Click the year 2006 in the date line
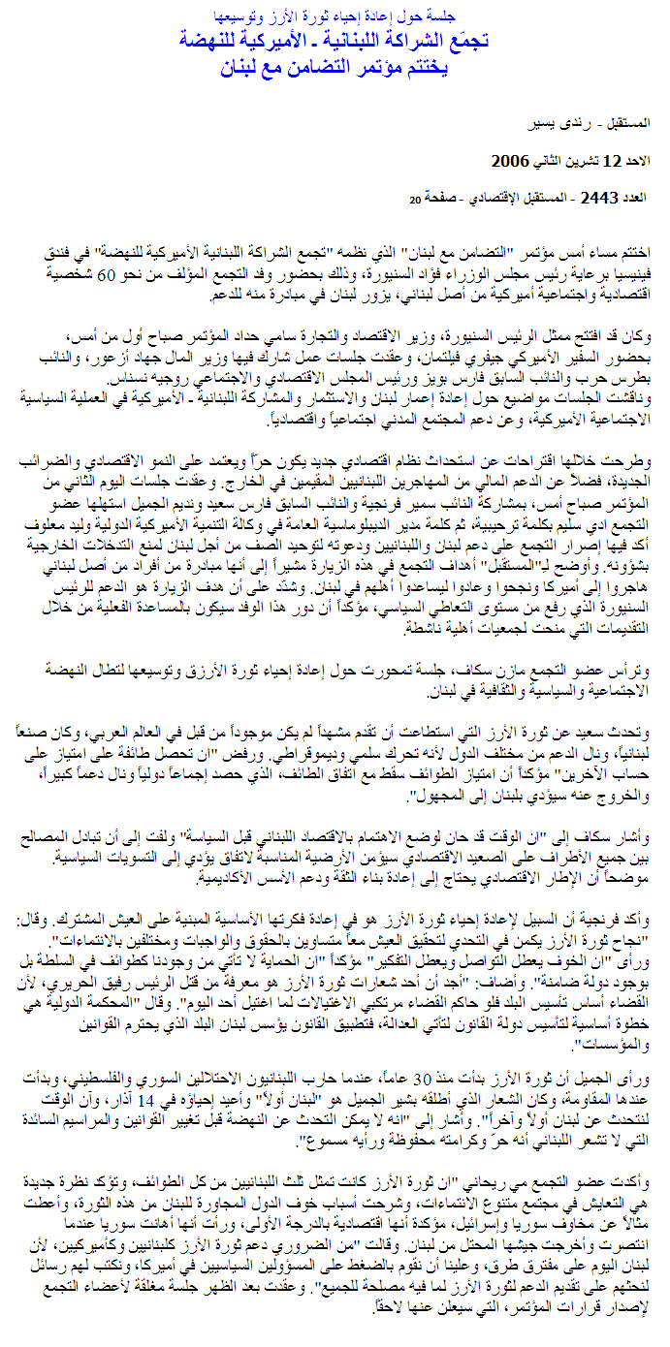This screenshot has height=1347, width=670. pyautogui.click(x=512, y=161)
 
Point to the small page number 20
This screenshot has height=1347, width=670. pyautogui.click(x=414, y=200)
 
